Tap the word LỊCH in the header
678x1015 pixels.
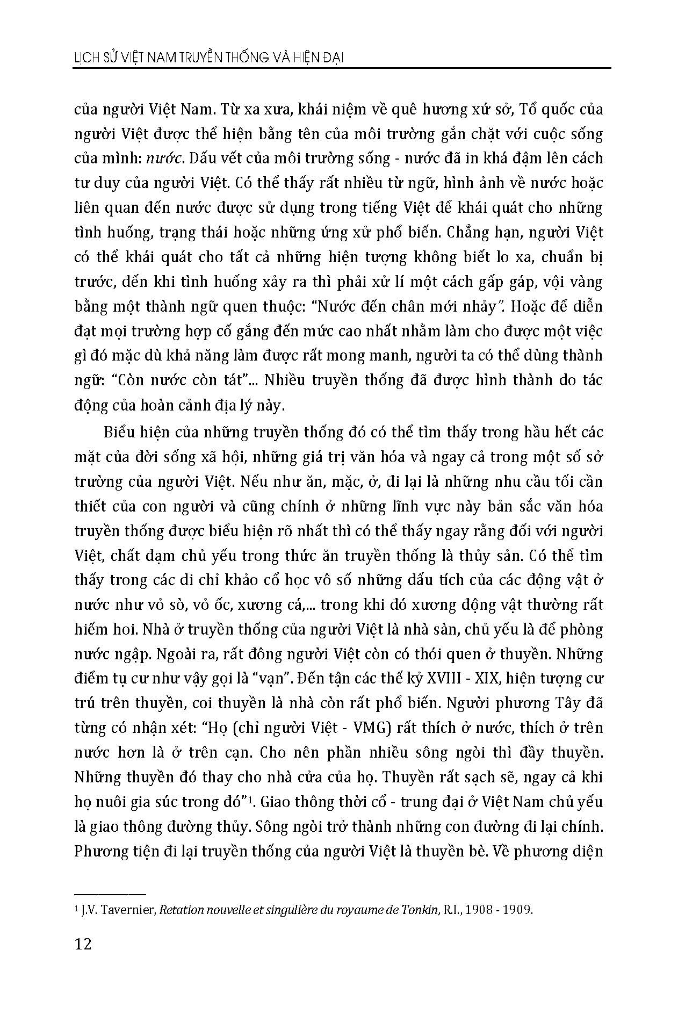click(x=87, y=58)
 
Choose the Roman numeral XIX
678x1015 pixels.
click(x=490, y=679)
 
